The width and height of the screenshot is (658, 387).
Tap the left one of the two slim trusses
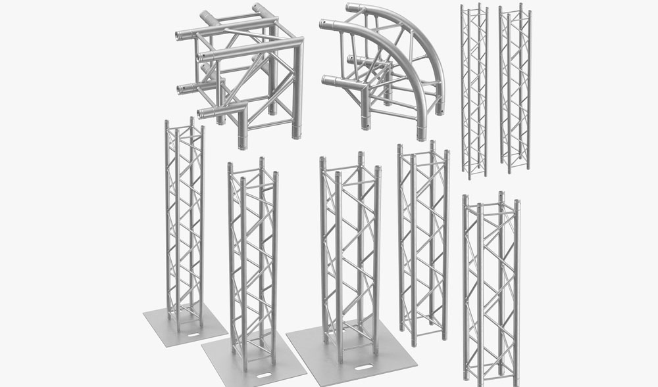coord(474,92)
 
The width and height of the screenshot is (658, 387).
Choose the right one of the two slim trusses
coord(515,89)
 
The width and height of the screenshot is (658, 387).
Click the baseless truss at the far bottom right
coord(490,289)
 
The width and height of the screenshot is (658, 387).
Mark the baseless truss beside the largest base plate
coord(422,243)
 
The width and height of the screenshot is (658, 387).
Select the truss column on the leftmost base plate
coord(184,223)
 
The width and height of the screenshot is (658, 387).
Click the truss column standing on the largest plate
coord(351,256)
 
